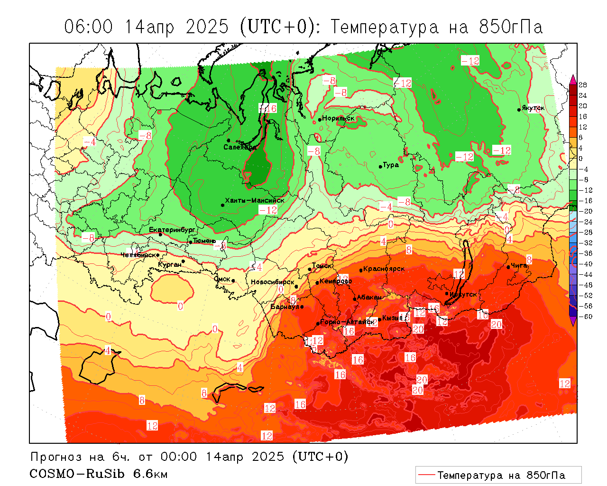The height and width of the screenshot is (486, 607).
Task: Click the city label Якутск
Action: click(x=533, y=108)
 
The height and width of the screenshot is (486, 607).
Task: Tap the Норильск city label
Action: click(x=338, y=118)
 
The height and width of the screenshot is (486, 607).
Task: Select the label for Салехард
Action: click(x=240, y=147)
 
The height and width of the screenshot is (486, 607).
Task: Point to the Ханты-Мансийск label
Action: click(x=255, y=200)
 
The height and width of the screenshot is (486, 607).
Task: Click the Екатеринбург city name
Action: click(x=172, y=230)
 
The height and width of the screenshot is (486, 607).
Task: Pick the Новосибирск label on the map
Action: click(x=272, y=282)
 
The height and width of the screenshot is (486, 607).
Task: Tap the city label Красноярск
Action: click(x=384, y=269)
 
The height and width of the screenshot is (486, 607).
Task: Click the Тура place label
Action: click(x=391, y=165)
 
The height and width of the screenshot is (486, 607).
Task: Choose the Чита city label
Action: click(x=519, y=266)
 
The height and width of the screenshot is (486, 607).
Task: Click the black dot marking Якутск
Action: click(x=519, y=110)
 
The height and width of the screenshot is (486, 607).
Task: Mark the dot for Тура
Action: click(x=380, y=167)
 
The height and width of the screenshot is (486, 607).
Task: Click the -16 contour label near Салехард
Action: click(x=268, y=108)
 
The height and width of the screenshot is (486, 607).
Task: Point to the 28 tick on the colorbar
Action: click(x=583, y=85)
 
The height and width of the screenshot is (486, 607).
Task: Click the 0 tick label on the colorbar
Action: click(x=581, y=159)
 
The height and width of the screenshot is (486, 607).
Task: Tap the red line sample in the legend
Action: click(x=426, y=475)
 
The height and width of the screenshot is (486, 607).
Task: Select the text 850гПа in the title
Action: click(x=510, y=27)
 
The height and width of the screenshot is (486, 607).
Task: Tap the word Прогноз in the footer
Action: click(x=56, y=457)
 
